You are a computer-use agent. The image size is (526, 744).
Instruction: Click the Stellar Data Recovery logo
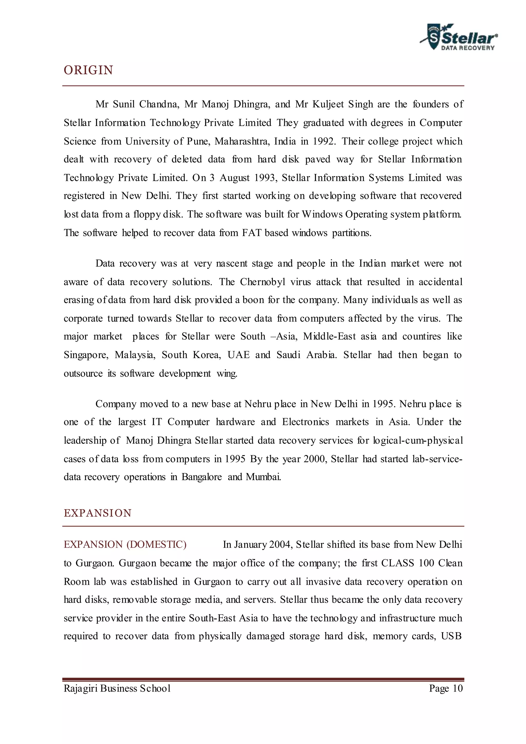[459, 38]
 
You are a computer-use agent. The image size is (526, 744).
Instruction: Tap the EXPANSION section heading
[98, 513]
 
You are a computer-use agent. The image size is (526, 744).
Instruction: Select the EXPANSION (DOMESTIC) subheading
[125, 544]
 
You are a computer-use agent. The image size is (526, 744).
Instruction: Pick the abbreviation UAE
[238, 355]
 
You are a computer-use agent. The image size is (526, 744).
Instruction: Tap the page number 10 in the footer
[457, 688]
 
